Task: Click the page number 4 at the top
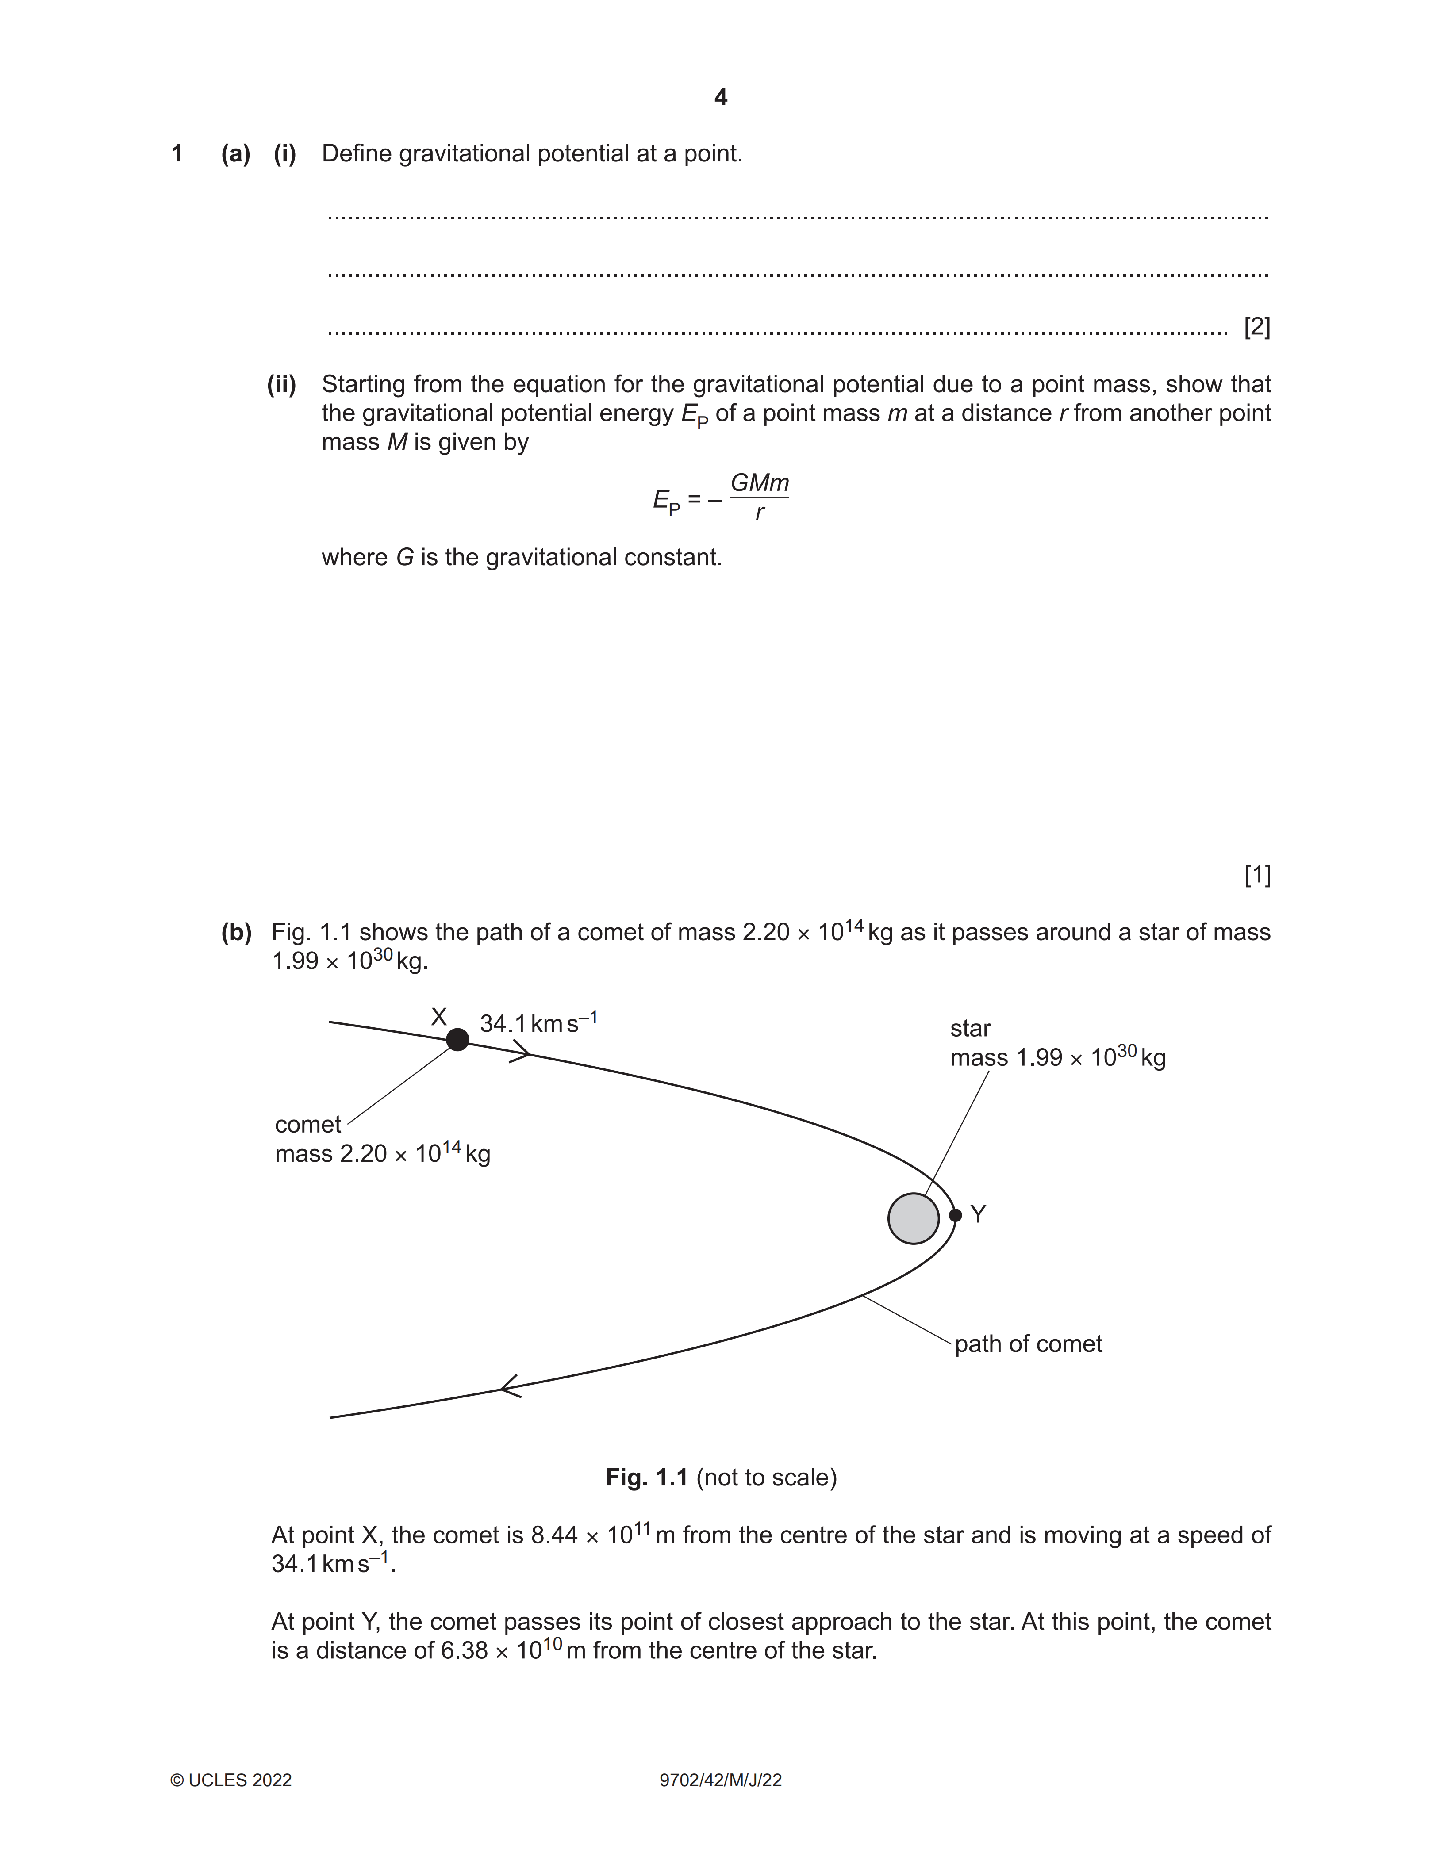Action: pyautogui.click(x=720, y=97)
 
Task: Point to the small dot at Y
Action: pyautogui.click(x=956, y=1214)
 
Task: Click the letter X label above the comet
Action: pyautogui.click(x=438, y=1017)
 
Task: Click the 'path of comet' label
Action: pyautogui.click(x=1028, y=1344)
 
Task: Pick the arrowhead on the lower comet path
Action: pyautogui.click(x=510, y=1386)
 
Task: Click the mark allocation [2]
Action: pyautogui.click(x=1257, y=327)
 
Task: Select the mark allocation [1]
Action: pyautogui.click(x=1257, y=875)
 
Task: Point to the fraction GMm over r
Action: pyautogui.click(x=759, y=497)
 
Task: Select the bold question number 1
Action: pyautogui.click(x=177, y=154)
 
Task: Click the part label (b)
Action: pyautogui.click(x=236, y=932)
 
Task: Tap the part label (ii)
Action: pyautogui.click(x=281, y=385)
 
